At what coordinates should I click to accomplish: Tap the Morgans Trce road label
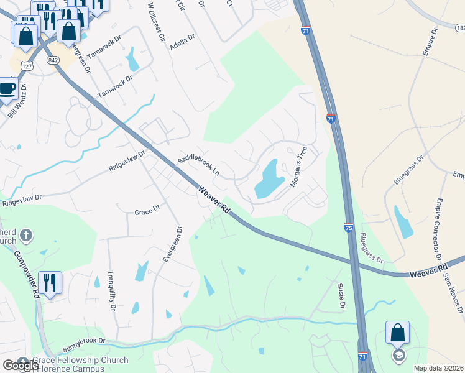(299, 167)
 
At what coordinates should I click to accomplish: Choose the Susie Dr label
(341, 295)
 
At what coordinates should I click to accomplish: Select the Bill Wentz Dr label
(15, 103)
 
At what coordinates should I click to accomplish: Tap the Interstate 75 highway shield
(349, 228)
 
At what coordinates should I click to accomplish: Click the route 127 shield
(26, 65)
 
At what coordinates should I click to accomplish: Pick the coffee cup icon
(7, 88)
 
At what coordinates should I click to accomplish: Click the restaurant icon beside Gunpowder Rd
(50, 283)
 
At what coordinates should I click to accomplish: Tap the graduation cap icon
(398, 356)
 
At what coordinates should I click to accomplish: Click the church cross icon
(25, 235)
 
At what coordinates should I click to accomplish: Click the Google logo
(20, 366)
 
